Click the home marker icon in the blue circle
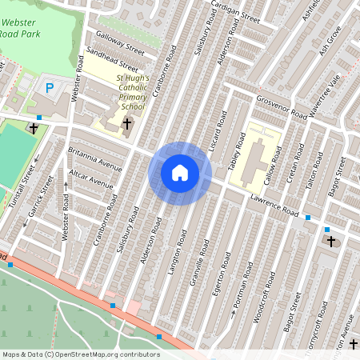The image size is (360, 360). click(180, 173)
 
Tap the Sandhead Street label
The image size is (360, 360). click(115, 62)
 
